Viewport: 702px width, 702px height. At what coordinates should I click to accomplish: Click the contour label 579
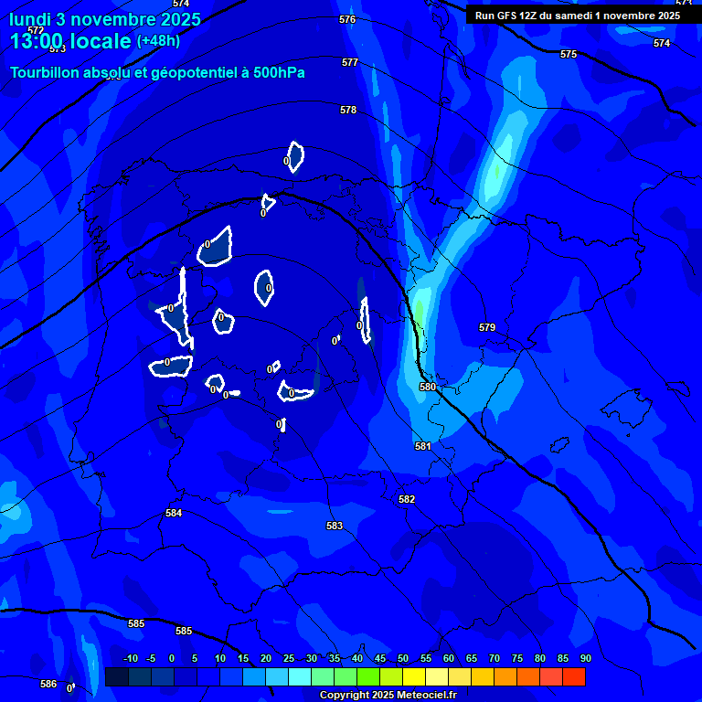pos(487,327)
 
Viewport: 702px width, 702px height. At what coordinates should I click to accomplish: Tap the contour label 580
pos(428,387)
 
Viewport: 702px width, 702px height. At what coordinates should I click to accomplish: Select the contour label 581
pos(422,446)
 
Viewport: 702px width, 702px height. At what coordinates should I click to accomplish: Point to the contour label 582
pos(407,499)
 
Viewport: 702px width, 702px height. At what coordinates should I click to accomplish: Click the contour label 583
pos(335,526)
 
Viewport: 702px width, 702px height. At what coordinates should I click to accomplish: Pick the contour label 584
pos(174,513)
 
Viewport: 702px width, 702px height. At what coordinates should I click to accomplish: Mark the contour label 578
pos(348,110)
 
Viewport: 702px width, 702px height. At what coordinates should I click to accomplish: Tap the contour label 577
pos(350,62)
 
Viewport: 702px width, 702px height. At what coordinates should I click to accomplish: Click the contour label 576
pos(347,19)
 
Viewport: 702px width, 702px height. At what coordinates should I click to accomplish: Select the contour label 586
pos(48,684)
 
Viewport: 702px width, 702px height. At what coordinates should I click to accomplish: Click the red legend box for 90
pos(574,676)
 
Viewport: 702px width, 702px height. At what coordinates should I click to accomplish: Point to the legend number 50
pos(403,658)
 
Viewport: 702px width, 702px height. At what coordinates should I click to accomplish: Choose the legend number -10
pos(131,658)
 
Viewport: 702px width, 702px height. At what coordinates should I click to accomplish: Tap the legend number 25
pos(289,658)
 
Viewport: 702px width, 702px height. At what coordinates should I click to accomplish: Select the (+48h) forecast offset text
pos(158,40)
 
